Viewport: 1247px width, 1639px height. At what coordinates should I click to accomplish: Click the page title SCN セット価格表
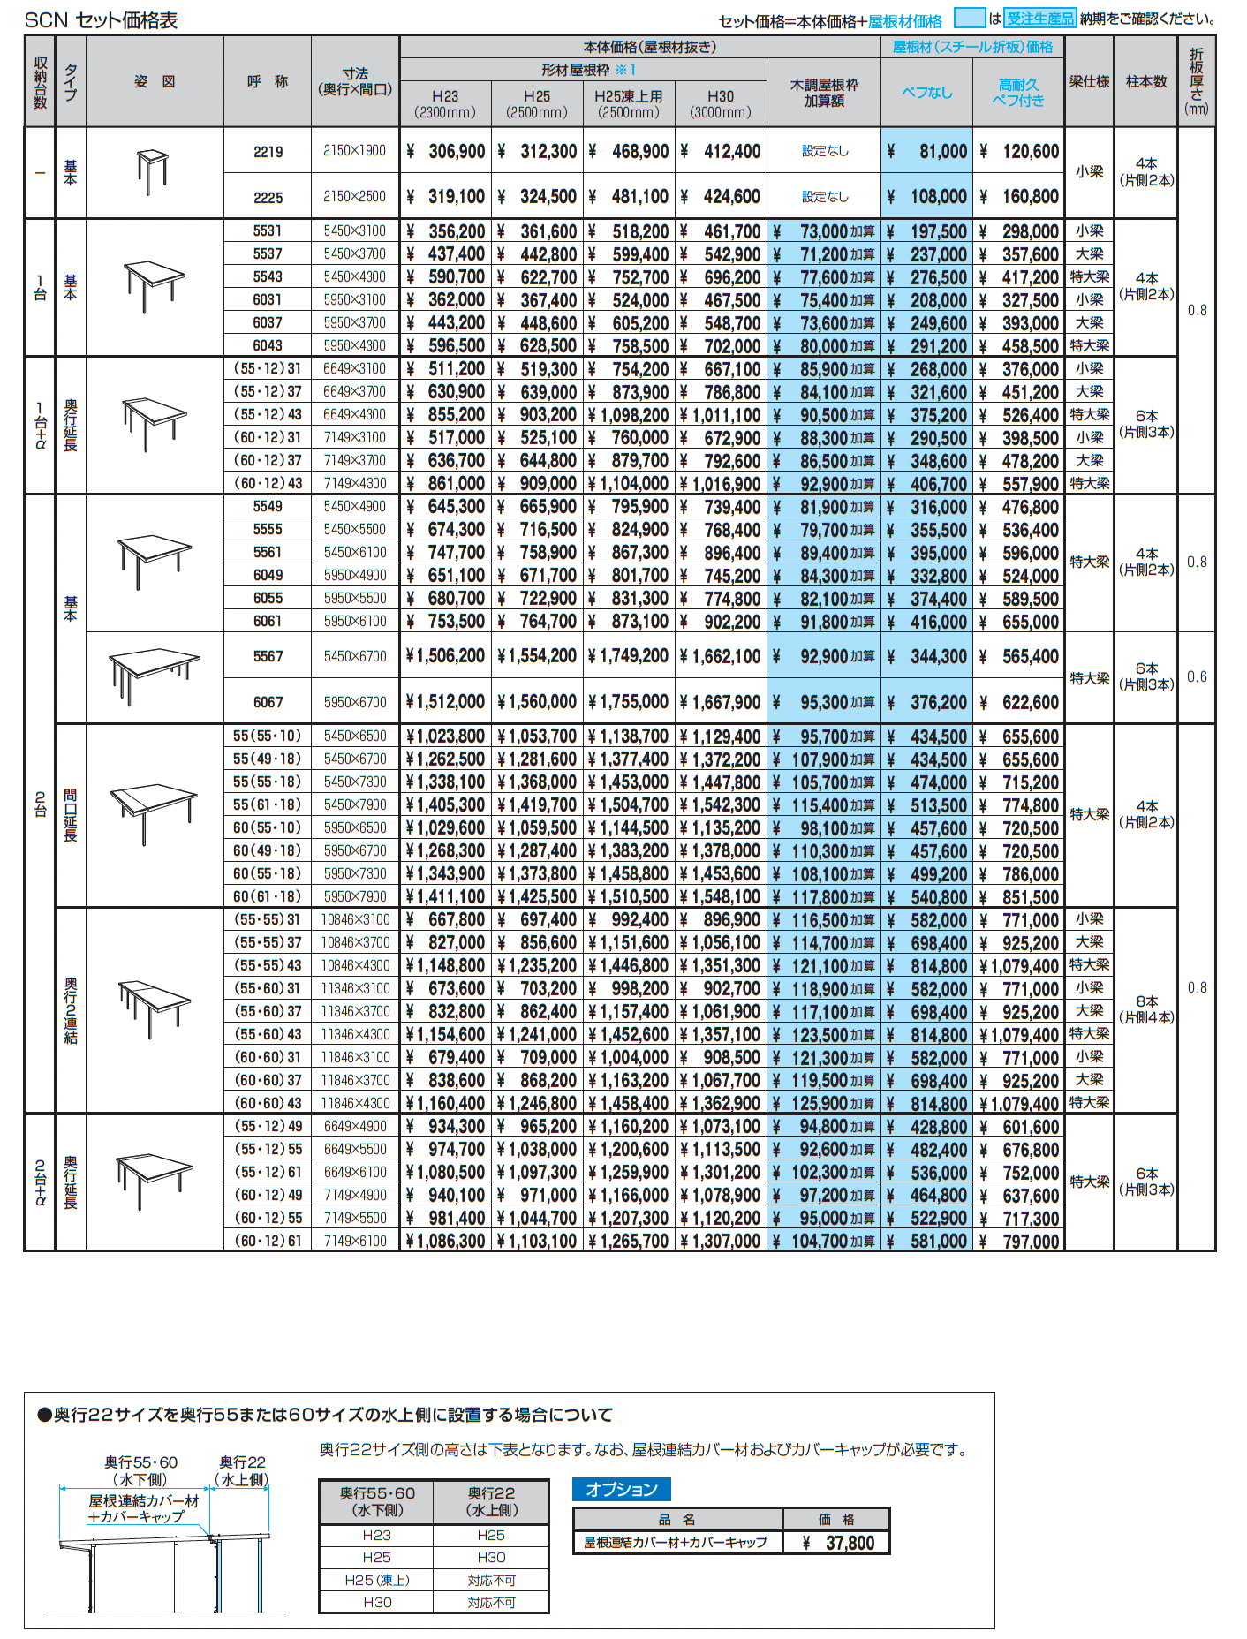click(x=101, y=19)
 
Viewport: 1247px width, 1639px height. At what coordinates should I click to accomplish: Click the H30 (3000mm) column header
click(x=721, y=104)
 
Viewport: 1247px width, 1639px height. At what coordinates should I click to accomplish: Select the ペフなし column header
click(x=927, y=92)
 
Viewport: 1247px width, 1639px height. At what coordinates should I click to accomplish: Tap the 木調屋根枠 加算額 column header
click(x=824, y=93)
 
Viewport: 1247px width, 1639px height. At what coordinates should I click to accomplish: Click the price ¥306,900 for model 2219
click(x=447, y=151)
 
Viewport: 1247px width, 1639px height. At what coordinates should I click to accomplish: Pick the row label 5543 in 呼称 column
click(x=268, y=277)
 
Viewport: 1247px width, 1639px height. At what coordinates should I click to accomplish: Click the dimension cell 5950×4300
click(x=355, y=346)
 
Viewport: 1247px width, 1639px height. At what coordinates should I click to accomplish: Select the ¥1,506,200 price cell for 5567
click(x=446, y=656)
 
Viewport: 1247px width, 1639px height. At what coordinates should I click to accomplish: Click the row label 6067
click(x=268, y=702)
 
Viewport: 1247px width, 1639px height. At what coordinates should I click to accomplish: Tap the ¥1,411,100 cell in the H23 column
click(x=446, y=897)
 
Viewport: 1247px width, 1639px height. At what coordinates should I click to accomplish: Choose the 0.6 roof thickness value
click(x=1197, y=677)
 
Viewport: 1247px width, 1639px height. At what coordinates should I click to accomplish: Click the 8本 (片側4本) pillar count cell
click(x=1145, y=1009)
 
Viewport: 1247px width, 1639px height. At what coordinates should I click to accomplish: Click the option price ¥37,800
click(x=840, y=1543)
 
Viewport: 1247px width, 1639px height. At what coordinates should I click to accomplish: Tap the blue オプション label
click(x=622, y=1490)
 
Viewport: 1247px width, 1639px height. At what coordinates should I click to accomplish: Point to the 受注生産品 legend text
click(x=1040, y=19)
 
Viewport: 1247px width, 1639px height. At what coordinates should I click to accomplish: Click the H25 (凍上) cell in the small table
click(x=377, y=1580)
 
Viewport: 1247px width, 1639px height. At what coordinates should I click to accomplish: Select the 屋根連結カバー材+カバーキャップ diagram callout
click(x=144, y=1508)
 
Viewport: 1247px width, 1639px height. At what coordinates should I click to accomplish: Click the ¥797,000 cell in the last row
click(x=1021, y=1242)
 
